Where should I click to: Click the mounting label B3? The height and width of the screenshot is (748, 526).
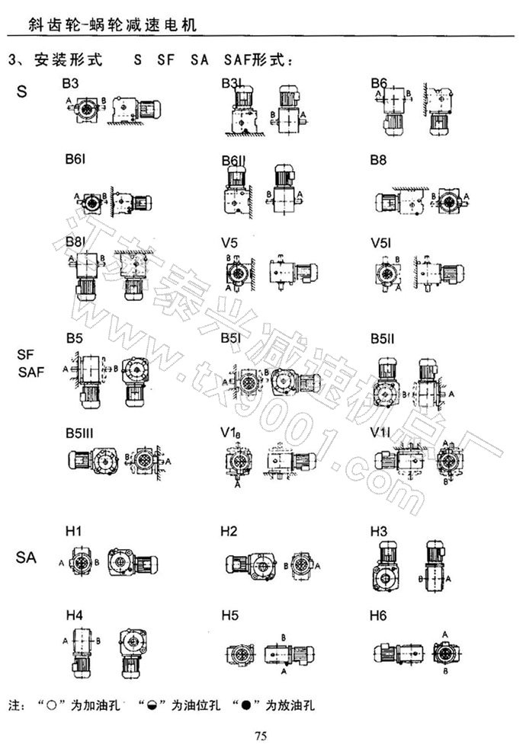[x=75, y=82]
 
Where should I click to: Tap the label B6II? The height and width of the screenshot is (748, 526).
[x=232, y=161]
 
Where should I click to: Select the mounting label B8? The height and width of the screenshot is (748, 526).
[x=379, y=161]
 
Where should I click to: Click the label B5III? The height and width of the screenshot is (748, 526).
[x=80, y=433]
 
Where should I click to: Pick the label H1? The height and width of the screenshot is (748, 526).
[x=75, y=530]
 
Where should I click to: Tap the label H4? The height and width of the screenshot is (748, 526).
[x=75, y=612]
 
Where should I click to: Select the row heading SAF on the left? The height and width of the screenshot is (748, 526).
[x=31, y=372]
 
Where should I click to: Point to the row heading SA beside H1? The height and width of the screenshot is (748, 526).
[x=26, y=558]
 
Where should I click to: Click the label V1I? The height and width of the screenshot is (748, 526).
[x=379, y=433]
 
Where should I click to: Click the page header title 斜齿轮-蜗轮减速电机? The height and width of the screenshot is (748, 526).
[x=104, y=24]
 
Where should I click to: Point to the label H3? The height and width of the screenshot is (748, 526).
[x=379, y=530]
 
